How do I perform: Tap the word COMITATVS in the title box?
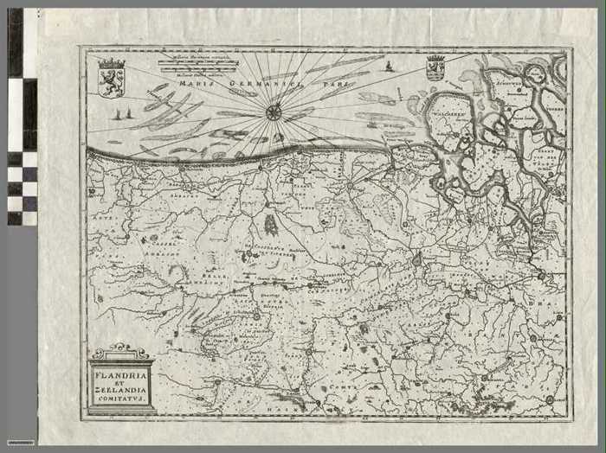pyautogui.click(x=121, y=401)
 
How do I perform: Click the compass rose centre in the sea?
pyautogui.click(x=274, y=111)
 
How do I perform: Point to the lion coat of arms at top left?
pyautogui.click(x=112, y=78)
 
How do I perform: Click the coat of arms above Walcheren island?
pyautogui.click(x=435, y=67)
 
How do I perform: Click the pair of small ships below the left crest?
pyautogui.click(x=122, y=114)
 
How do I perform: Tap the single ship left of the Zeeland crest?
pyautogui.click(x=390, y=66)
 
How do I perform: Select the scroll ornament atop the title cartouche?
pyautogui.click(x=121, y=351)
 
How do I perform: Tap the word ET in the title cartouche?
pyautogui.click(x=121, y=382)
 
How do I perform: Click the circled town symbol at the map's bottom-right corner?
pyautogui.click(x=550, y=399)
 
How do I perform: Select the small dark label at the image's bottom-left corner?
pyautogui.click(x=20, y=442)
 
